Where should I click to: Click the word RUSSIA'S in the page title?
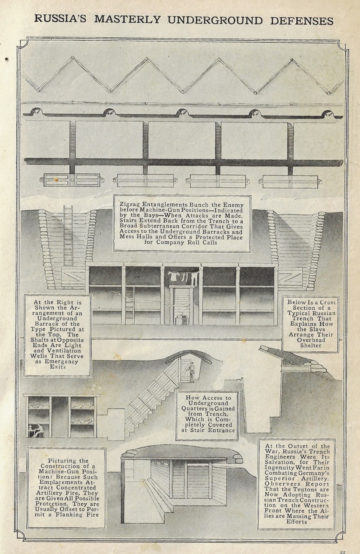pyautogui.click(x=60, y=19)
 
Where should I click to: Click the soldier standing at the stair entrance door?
pyautogui.click(x=192, y=372)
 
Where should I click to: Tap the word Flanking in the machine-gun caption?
pyautogui.click(x=74, y=514)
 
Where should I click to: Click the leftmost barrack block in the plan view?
pyautogui.click(x=72, y=180)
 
